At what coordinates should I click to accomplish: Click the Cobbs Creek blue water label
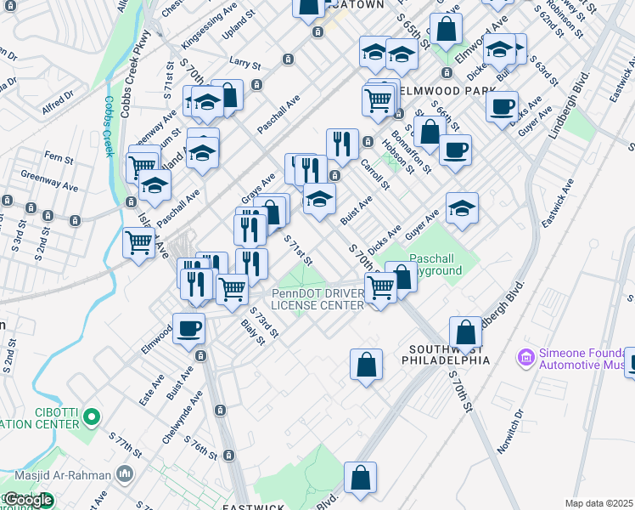pos(109,126)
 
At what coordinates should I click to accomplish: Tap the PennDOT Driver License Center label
pos(318,300)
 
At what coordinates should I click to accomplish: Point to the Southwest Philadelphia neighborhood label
pos(449,354)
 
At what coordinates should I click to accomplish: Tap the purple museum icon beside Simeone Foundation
pos(526,354)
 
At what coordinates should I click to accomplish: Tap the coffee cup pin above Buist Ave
pos(188,328)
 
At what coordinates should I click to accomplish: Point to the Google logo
pos(28,500)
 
